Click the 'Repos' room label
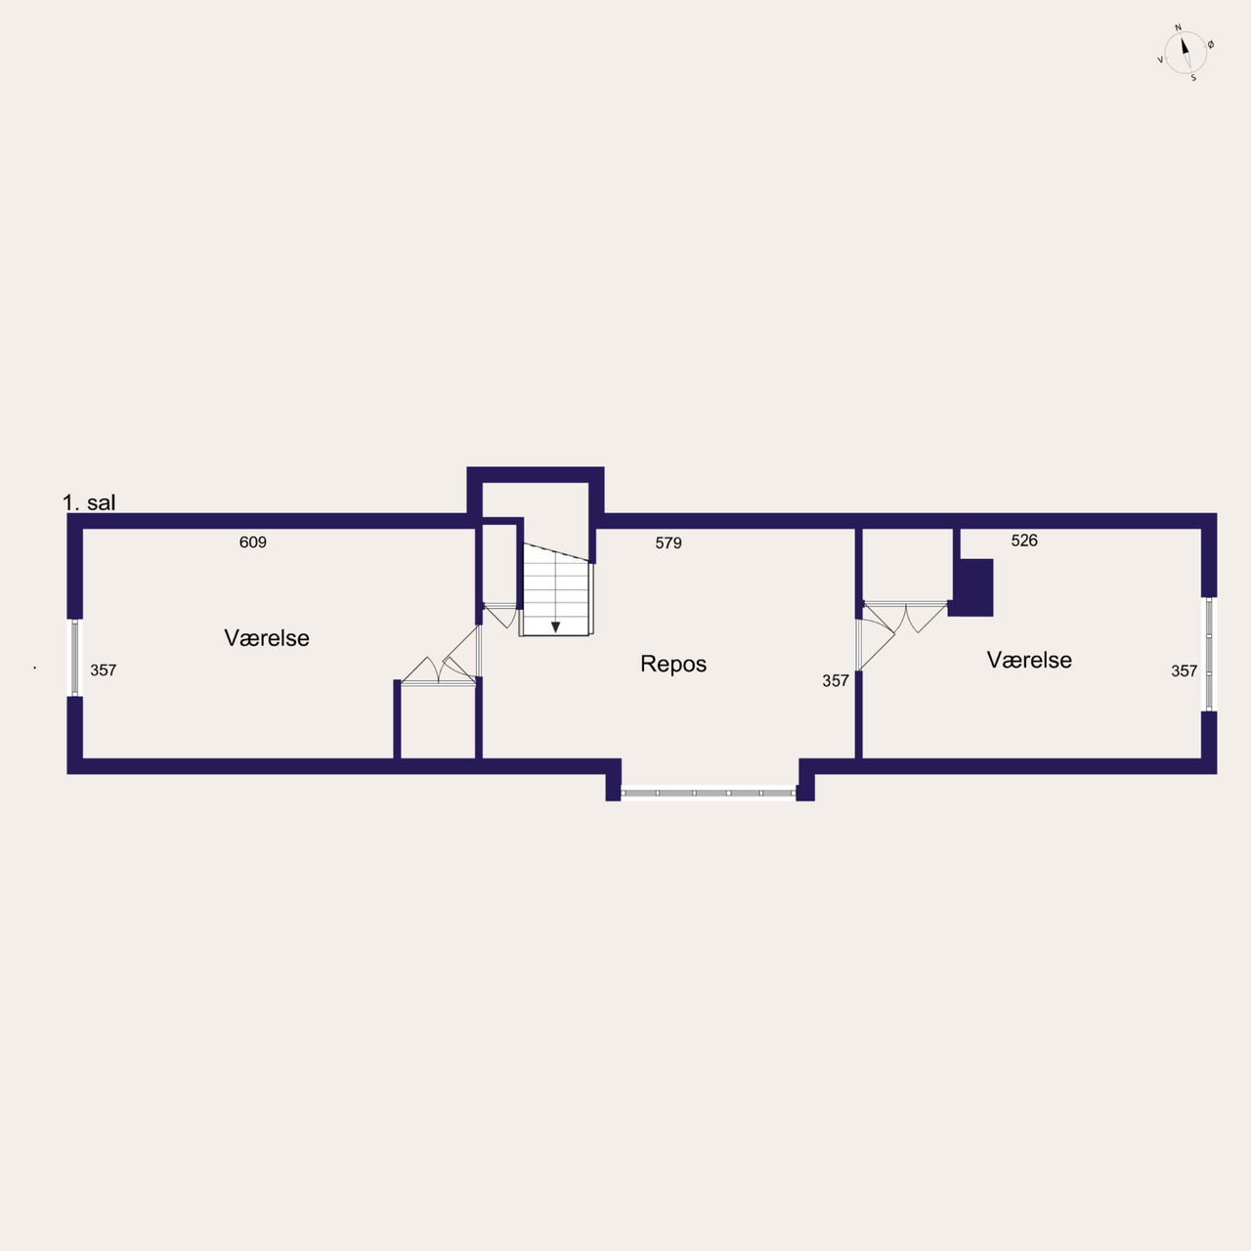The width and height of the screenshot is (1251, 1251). click(x=673, y=665)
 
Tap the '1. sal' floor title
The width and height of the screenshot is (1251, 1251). click(x=89, y=502)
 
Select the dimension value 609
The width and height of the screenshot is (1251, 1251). click(x=252, y=542)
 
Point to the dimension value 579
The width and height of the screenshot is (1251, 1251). click(x=669, y=542)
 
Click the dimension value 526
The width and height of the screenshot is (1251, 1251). click(x=1024, y=540)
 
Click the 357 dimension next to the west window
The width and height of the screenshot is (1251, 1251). click(x=104, y=670)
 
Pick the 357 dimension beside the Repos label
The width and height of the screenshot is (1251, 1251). click(x=836, y=680)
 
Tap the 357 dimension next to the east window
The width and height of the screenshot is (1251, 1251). click(x=1185, y=670)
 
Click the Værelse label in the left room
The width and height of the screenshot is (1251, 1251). click(x=267, y=638)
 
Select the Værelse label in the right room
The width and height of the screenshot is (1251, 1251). click(x=1029, y=661)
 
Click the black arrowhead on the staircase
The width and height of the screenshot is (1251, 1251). click(x=556, y=627)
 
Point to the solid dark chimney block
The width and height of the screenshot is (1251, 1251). click(x=973, y=587)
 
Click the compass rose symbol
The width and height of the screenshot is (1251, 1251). click(x=1186, y=53)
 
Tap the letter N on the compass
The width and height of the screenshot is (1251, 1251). click(x=1179, y=28)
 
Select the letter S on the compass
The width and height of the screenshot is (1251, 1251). click(x=1193, y=78)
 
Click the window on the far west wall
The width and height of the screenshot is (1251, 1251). click(x=74, y=658)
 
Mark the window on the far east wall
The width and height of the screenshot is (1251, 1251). click(x=1209, y=655)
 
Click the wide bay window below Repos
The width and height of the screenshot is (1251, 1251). click(x=709, y=793)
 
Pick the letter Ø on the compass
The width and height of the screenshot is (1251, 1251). click(x=1211, y=45)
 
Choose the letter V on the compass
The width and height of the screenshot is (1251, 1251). click(x=1160, y=60)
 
